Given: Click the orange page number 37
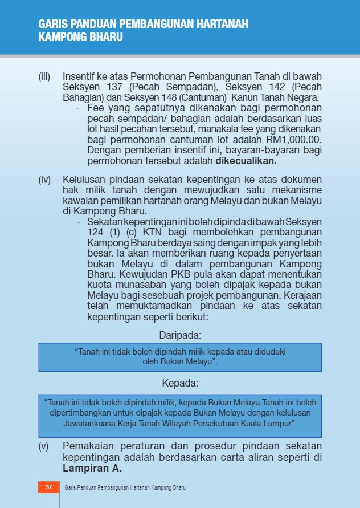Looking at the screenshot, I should tap(48, 487).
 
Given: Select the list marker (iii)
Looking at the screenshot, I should tap(44, 76).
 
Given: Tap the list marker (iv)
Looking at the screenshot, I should tap(44, 180).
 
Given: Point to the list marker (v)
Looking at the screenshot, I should tap(44, 446).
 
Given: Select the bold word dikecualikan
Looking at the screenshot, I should tap(246, 161).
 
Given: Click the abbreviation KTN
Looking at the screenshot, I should tap(153, 232).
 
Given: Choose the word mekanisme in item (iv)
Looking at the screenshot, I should tap(298, 190).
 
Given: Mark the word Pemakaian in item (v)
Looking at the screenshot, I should tap(89, 446).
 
